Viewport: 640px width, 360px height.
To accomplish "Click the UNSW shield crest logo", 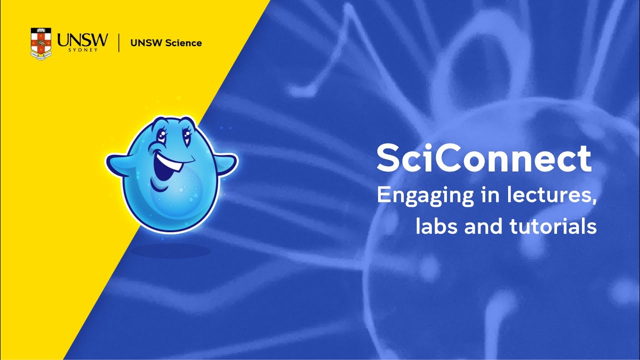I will click(41, 43).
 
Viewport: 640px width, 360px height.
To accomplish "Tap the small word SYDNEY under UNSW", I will click(82, 50).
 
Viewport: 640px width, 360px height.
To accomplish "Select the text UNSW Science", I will click(165, 43).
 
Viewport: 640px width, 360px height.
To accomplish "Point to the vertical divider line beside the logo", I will click(118, 43).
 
